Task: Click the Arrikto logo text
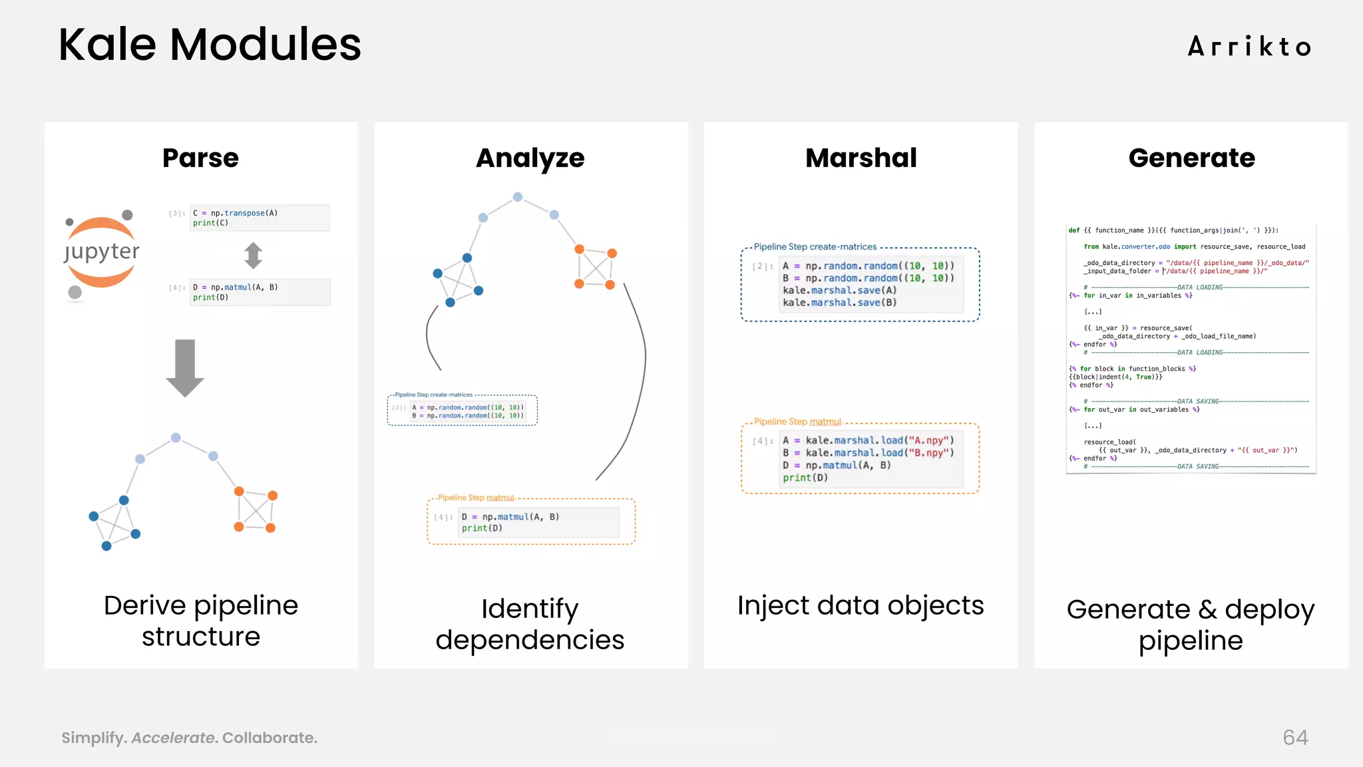[x=1249, y=47]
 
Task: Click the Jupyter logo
[x=102, y=252]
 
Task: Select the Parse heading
[x=200, y=158]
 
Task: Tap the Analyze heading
[x=530, y=158]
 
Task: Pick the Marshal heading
[x=861, y=158]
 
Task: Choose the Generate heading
[x=1191, y=158]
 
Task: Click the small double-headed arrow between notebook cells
[x=253, y=255]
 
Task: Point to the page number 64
[x=1295, y=737]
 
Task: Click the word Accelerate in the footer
[x=174, y=738]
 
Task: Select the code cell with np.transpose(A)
[x=259, y=218]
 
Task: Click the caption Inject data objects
[x=861, y=605]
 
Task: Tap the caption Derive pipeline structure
[x=201, y=621]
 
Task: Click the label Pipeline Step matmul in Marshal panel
[x=797, y=421]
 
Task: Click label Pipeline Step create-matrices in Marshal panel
[x=815, y=246]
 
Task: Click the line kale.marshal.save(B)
[x=839, y=302]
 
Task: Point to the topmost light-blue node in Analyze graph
[x=518, y=197]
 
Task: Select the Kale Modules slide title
[x=210, y=45]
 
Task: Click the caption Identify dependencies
[x=530, y=624]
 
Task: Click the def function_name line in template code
[x=1173, y=230]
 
